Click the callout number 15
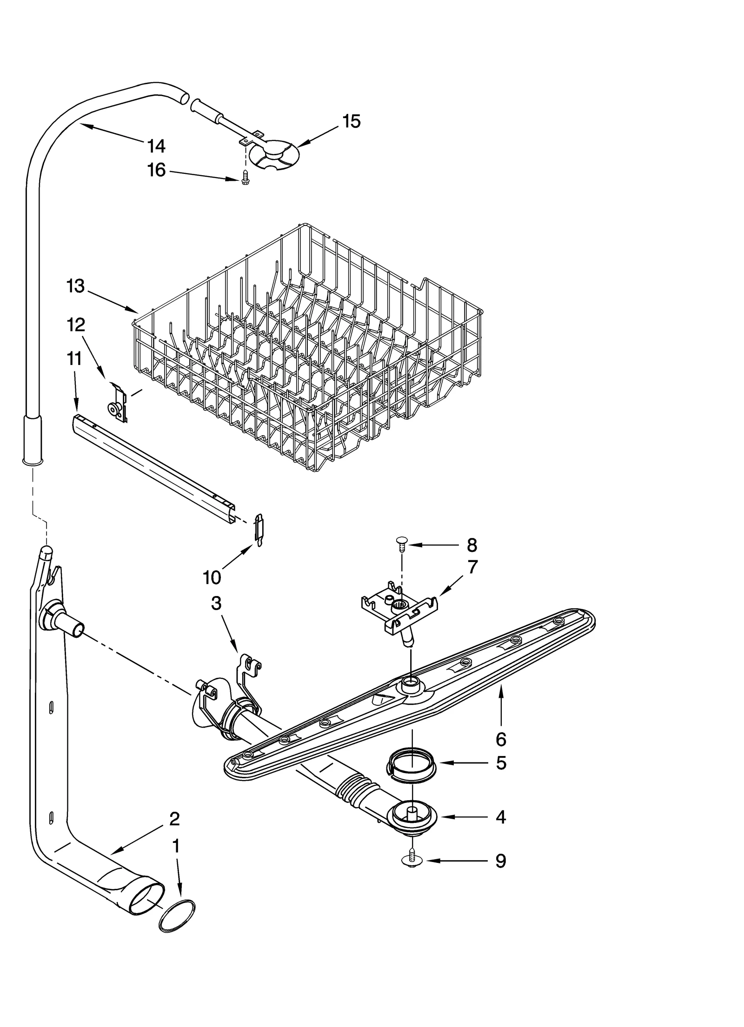coord(351,121)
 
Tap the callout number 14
coord(156,146)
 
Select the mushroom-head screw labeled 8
coord(401,543)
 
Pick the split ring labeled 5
coord(412,765)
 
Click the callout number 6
coord(501,738)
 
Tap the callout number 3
coord(216,603)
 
